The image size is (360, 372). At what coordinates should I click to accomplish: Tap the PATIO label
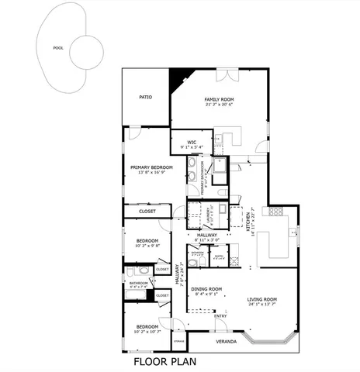pos(145,98)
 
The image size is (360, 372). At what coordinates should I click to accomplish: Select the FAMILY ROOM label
pos(220,99)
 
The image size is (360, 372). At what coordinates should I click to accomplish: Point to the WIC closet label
pos(191,139)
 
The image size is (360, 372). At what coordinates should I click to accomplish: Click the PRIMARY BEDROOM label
pos(151,167)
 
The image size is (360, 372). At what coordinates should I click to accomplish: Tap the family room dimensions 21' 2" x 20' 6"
pos(220,105)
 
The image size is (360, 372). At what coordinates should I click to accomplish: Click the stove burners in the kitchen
pos(275,212)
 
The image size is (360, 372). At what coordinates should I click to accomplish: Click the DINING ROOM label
pos(207,288)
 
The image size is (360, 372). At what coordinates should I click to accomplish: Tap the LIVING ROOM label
pos(262,298)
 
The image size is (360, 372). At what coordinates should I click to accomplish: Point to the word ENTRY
pos(221,315)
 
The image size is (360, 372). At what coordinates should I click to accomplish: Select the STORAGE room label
pos(179,340)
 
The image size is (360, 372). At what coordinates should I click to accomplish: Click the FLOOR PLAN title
pos(164,360)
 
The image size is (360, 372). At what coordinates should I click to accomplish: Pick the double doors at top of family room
pos(227,75)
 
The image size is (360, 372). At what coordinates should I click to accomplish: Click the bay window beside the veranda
pos(268,341)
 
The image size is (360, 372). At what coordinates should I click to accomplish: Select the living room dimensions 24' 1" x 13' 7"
pos(262,305)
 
